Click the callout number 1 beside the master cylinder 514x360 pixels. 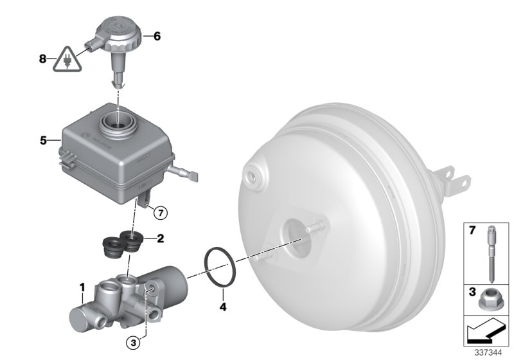tap(82, 285)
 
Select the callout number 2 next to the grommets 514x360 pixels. tap(160, 239)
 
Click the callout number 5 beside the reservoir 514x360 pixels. tap(44, 138)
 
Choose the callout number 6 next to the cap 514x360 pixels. tap(157, 37)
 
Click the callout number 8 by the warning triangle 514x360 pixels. tap(42, 59)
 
